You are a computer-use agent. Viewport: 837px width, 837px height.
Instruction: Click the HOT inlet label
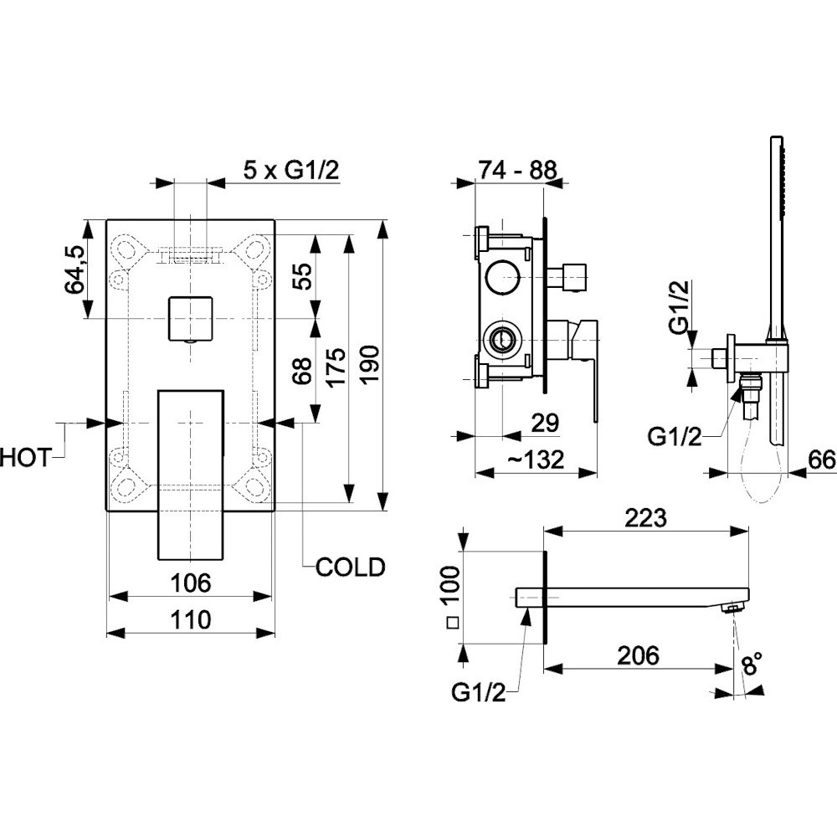(x=27, y=459)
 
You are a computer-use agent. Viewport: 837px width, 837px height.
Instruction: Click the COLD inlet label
(x=350, y=567)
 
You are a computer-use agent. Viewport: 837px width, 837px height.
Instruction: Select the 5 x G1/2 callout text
(x=291, y=171)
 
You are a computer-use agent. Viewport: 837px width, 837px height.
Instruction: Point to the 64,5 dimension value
(x=75, y=270)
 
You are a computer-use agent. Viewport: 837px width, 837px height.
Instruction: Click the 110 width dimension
(x=191, y=620)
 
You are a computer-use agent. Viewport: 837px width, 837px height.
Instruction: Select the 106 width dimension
(x=191, y=583)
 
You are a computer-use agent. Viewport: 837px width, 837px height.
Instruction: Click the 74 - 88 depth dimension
(x=517, y=170)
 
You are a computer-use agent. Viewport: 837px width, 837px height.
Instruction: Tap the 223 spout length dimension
(x=646, y=517)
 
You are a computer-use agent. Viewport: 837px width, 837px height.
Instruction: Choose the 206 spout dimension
(x=639, y=655)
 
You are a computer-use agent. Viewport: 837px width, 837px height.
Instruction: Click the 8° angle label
(x=751, y=665)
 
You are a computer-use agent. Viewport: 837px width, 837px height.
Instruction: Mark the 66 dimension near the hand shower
(x=821, y=460)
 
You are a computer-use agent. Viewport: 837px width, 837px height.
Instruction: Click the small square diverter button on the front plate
(x=191, y=318)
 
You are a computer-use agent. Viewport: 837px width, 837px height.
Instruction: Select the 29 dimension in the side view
(x=545, y=423)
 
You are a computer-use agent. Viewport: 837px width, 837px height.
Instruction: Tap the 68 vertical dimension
(x=303, y=371)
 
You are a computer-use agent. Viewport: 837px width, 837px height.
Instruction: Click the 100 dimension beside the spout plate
(x=452, y=584)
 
